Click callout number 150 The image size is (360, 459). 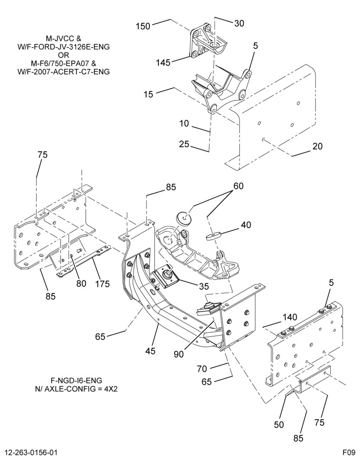[x=143, y=26]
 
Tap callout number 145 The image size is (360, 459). [x=163, y=62]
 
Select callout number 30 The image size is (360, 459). [x=239, y=23]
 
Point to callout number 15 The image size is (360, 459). [x=148, y=94]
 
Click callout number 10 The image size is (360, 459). [x=184, y=123]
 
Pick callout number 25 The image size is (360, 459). [x=185, y=144]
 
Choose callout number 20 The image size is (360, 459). [x=317, y=146]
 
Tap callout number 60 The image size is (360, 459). [x=238, y=186]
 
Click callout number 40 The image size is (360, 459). [x=246, y=225]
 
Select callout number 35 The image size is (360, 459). [x=203, y=286]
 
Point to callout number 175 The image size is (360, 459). [x=102, y=284]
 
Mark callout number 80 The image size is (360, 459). [x=81, y=283]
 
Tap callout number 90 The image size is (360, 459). [x=178, y=354]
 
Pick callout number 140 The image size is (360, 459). [x=290, y=317]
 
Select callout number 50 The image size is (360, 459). [x=279, y=425]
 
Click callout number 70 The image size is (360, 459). [x=202, y=369]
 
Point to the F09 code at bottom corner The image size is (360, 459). [x=349, y=452]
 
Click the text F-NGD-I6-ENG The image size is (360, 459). [x=76, y=381]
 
